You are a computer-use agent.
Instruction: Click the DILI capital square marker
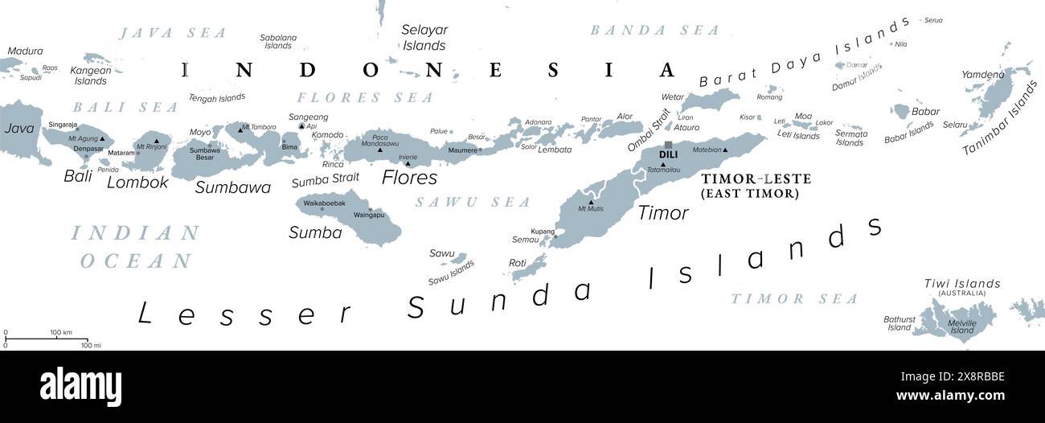[668, 146]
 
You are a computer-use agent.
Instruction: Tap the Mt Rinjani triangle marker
[156, 140]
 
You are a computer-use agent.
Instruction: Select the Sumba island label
[315, 232]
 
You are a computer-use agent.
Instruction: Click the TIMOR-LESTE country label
[756, 179]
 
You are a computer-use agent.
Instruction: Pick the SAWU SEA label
[473, 202]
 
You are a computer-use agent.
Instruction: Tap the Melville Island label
[962, 326]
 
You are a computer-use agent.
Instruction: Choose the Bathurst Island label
[899, 323]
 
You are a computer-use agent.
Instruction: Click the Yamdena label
[983, 75]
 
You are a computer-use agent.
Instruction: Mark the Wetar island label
[672, 97]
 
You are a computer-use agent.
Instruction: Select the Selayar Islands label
[425, 38]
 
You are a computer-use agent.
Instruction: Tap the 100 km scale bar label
[61, 332]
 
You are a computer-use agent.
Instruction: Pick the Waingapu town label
[369, 216]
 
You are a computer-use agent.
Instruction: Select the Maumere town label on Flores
[461, 150]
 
